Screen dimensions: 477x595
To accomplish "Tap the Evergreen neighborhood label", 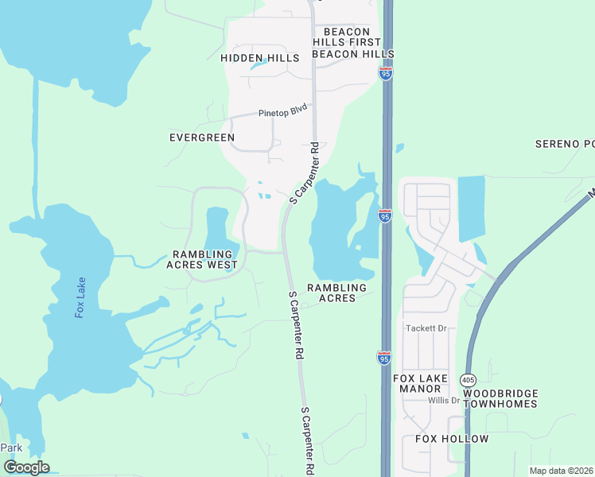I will pos(202,138).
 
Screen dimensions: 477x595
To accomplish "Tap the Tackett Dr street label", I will pos(427,328).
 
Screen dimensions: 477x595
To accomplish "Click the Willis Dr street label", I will pos(445,401).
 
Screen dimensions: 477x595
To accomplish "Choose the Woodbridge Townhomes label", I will pos(500,398).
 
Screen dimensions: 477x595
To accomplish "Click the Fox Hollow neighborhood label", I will pos(452,439).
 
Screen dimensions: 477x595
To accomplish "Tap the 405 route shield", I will pos(468,381).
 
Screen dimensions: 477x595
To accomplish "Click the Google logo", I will pos(26,467).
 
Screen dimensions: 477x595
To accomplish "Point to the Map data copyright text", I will pos(562,471).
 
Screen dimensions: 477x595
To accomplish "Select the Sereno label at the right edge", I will pos(565,144).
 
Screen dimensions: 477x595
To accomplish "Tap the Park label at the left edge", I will pos(11,448).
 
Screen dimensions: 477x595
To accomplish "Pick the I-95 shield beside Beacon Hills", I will pos(386,73).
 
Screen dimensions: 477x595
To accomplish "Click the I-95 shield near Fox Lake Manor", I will pos(384,358).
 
